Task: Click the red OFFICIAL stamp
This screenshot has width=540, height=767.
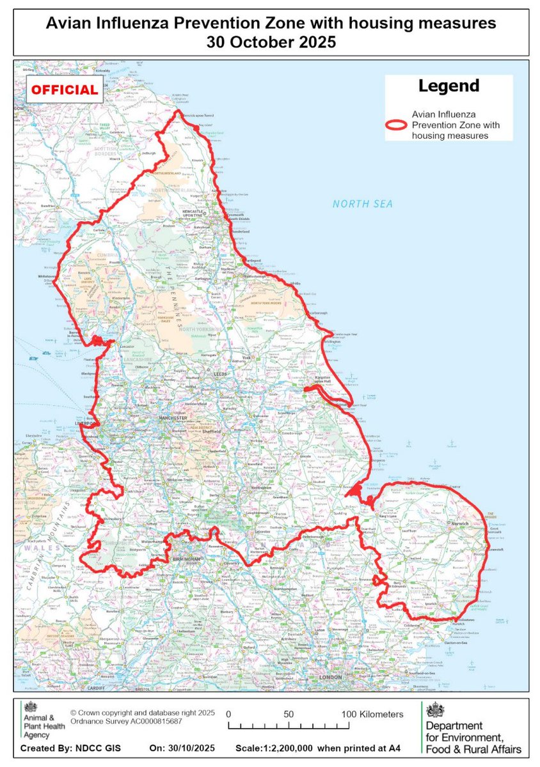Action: pyautogui.click(x=64, y=90)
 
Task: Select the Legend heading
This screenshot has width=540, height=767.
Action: pyautogui.click(x=448, y=86)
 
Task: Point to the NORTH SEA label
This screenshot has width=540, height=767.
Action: pyautogui.click(x=362, y=204)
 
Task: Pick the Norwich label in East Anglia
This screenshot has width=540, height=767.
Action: pyautogui.click(x=461, y=523)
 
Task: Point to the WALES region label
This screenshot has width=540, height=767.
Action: pyautogui.click(x=49, y=548)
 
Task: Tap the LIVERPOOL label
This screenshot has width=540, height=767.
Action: pyautogui.click(x=87, y=423)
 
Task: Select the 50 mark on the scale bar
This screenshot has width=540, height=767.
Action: pyautogui.click(x=289, y=714)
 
